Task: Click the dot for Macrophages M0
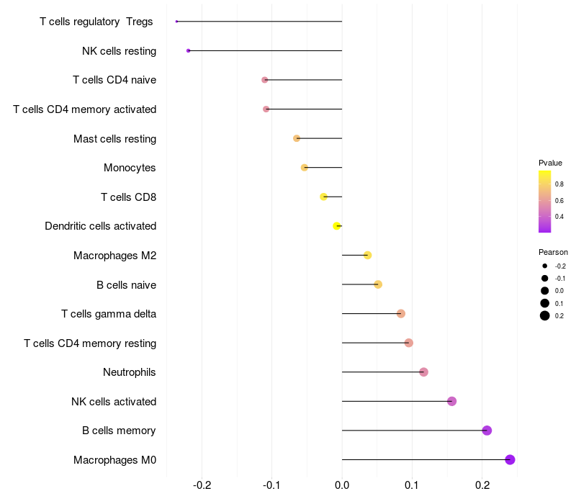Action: (510, 460)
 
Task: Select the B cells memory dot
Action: (487, 431)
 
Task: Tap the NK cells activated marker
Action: (451, 401)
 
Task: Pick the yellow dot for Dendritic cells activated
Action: (336, 226)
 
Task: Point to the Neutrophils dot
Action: (423, 372)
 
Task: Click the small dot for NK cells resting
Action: (188, 50)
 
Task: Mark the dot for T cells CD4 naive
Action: (264, 80)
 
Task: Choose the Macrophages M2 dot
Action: (367, 255)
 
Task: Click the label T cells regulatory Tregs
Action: (96, 22)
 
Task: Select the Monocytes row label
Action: (130, 168)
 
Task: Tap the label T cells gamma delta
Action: (109, 314)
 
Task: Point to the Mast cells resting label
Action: (114, 138)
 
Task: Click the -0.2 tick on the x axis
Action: (202, 485)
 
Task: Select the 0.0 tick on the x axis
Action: (342, 485)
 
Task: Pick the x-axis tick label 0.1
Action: (412, 485)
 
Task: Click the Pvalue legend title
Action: (550, 163)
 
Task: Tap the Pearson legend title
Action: (553, 252)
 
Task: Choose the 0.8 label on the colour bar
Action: (559, 184)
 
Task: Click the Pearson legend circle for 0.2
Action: (545, 315)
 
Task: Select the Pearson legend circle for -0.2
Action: (545, 266)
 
